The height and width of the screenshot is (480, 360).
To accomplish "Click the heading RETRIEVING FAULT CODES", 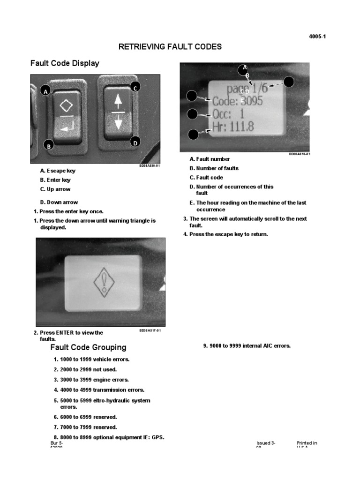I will (170, 47).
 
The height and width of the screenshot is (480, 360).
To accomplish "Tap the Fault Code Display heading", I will (65, 63).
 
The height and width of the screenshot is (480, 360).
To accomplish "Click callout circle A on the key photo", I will (45, 91).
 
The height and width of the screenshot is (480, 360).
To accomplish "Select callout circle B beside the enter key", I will (48, 146).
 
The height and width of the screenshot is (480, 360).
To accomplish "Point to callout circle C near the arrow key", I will (135, 87).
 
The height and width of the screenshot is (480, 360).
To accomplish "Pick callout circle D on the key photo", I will (135, 142).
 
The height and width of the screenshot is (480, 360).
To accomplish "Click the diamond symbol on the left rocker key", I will (66, 104).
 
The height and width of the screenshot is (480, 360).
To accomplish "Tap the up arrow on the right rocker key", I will (118, 101).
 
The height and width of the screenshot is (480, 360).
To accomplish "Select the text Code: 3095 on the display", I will (238, 101).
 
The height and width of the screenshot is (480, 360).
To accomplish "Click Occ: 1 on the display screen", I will (228, 114).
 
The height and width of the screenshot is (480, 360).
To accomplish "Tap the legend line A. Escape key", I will (58, 171).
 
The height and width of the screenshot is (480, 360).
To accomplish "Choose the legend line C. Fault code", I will (206, 178).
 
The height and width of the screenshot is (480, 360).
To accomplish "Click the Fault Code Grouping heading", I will (88, 347).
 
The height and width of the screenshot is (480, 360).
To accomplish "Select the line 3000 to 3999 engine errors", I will (91, 380).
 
